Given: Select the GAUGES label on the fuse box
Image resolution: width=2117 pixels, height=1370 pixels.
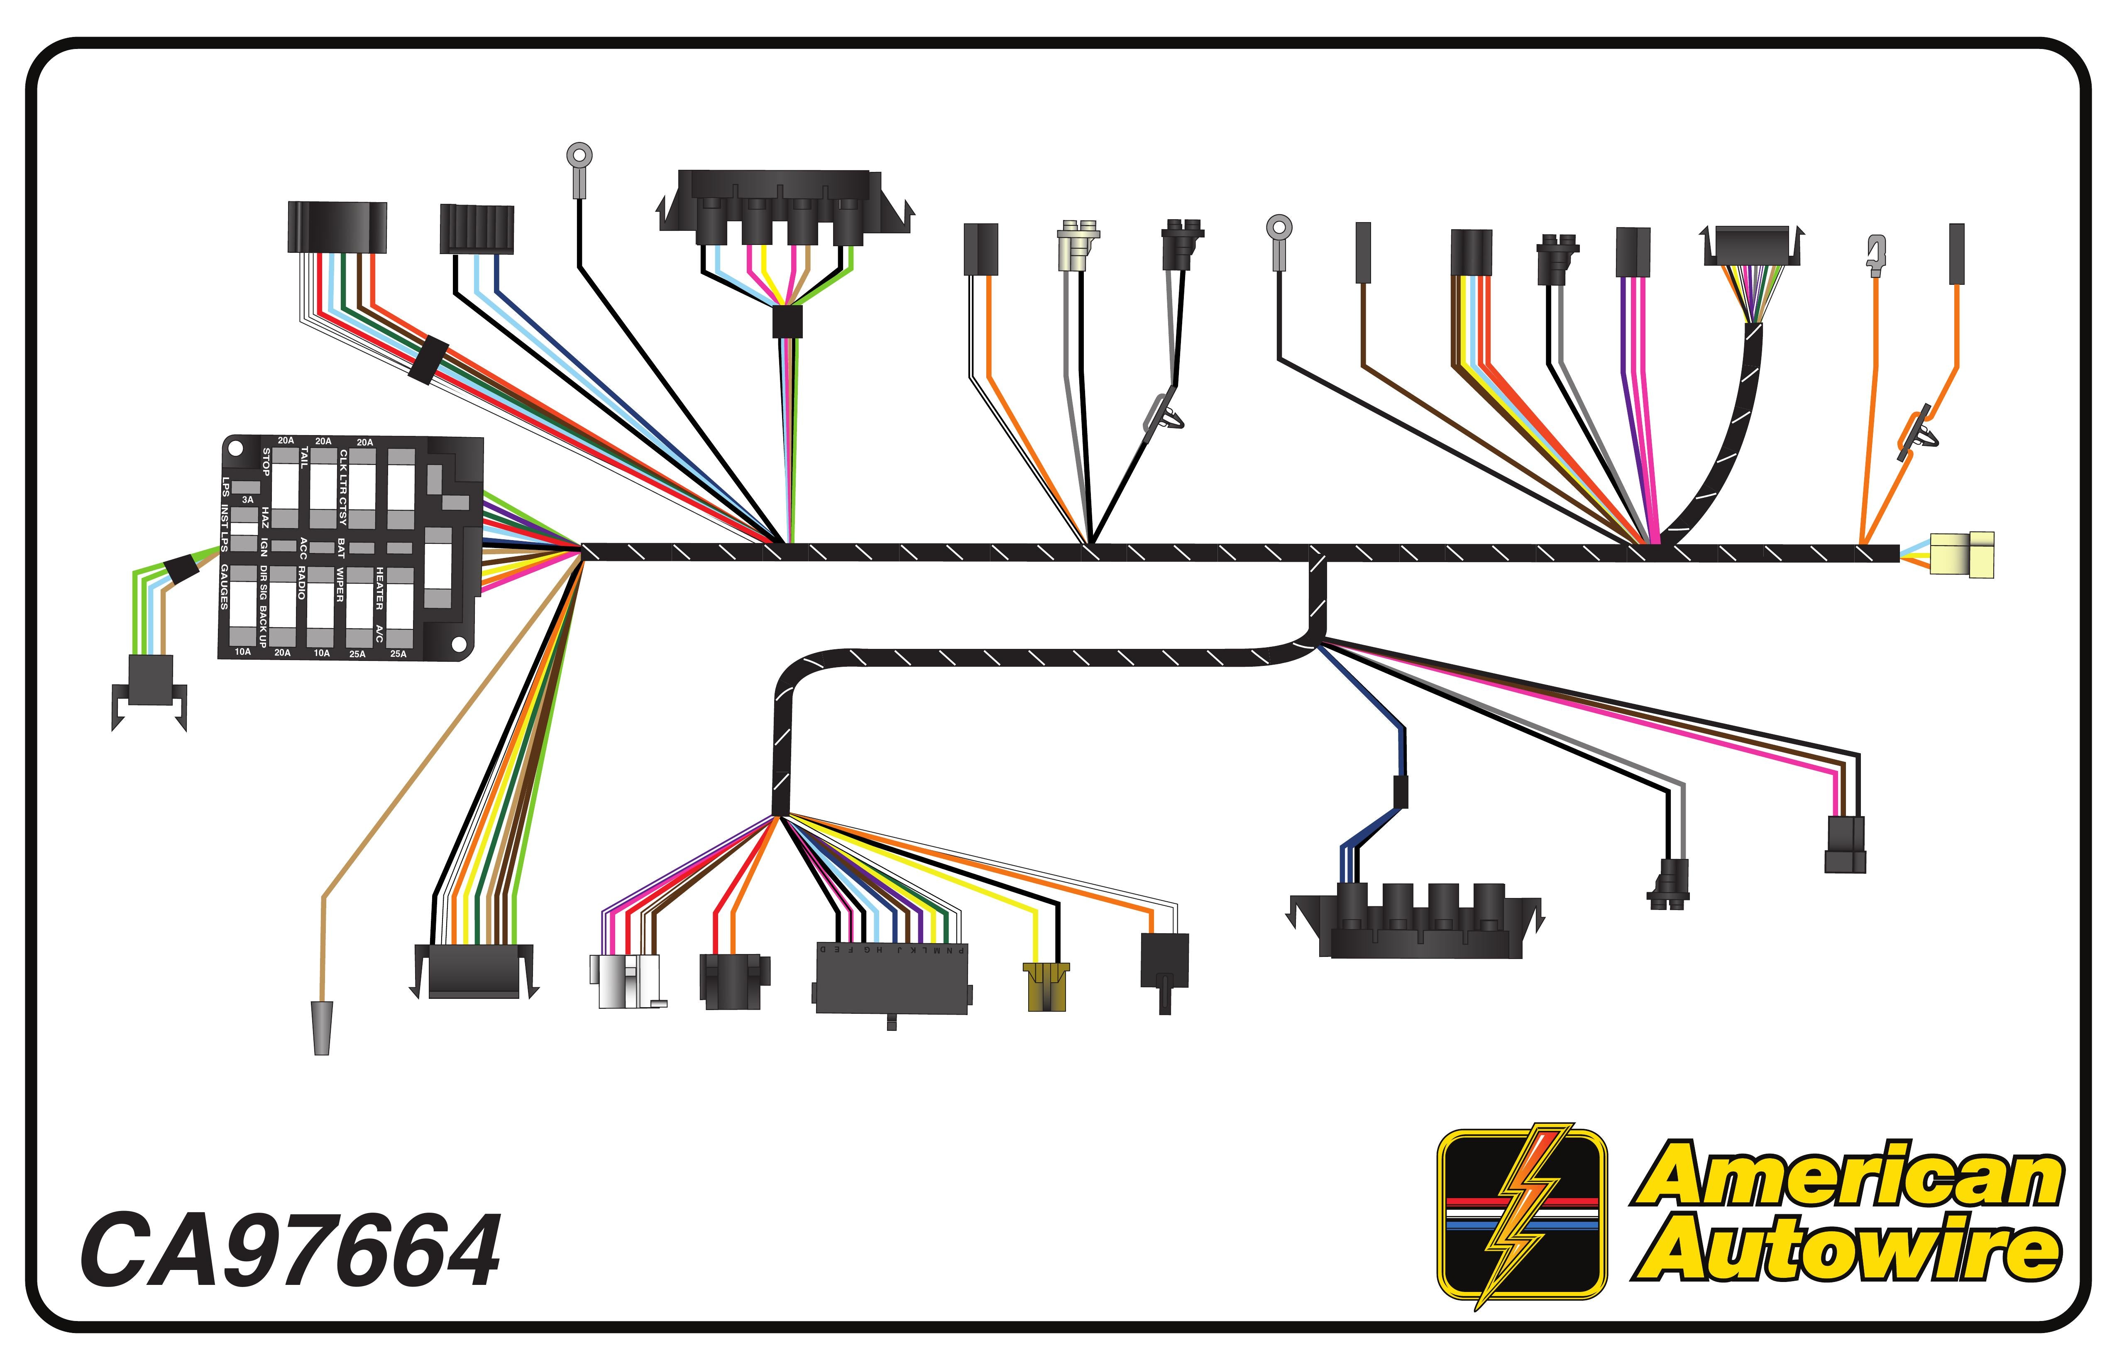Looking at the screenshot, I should [x=224, y=587].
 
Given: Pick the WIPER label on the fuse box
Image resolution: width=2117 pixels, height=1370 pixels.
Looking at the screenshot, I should [x=340, y=585].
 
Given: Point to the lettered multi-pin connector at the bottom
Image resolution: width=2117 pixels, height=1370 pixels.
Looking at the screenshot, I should [x=891, y=979].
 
